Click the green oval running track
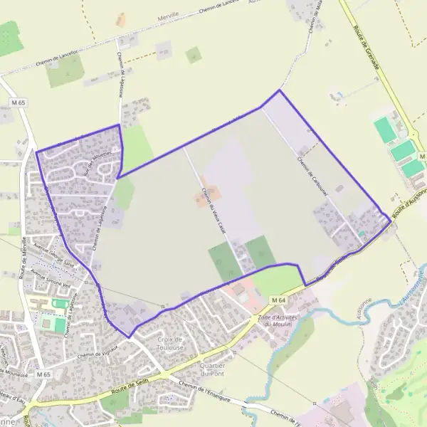[60, 304]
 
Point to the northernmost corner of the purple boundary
[279, 90]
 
